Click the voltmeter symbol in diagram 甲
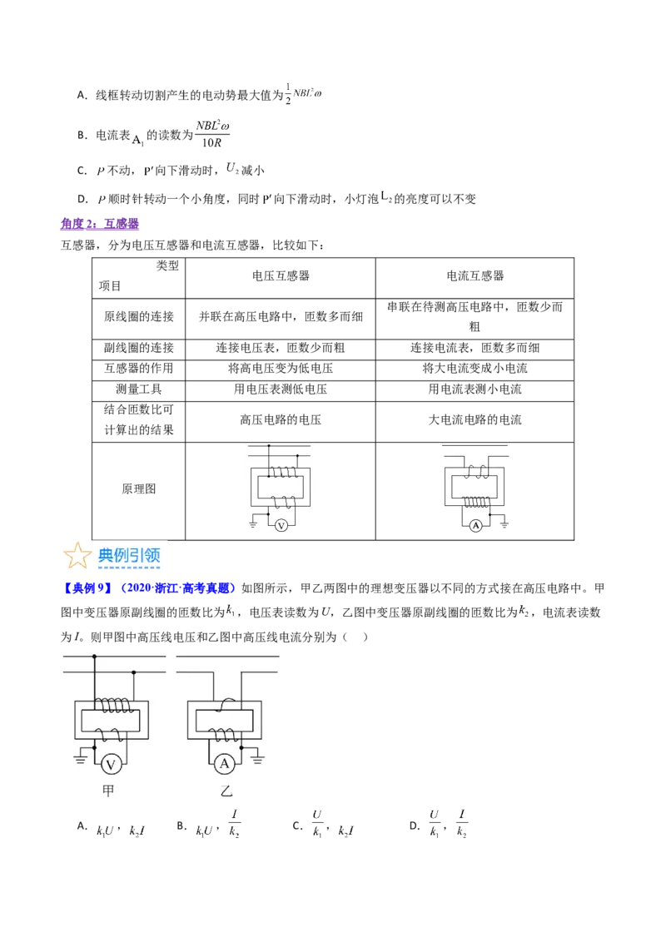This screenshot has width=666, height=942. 111,764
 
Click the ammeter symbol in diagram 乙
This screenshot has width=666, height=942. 224,764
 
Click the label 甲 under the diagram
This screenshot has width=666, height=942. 108,791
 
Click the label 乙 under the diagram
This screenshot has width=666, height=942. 226,791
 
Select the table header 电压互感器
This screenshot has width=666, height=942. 281,275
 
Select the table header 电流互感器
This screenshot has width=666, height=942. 475,275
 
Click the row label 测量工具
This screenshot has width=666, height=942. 139,389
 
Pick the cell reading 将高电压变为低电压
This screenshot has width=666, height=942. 281,369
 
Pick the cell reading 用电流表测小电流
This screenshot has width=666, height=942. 475,389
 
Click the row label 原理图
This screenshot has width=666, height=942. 139,489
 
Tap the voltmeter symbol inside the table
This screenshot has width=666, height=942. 281,526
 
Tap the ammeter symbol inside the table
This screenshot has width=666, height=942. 476,526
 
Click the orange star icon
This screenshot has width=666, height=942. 77,555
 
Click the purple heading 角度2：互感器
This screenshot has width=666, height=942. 100,224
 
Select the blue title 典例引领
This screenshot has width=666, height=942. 129,556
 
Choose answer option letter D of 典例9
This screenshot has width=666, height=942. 414,826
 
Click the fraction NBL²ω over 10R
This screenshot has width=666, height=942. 213,134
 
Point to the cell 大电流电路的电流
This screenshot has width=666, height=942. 475,420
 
